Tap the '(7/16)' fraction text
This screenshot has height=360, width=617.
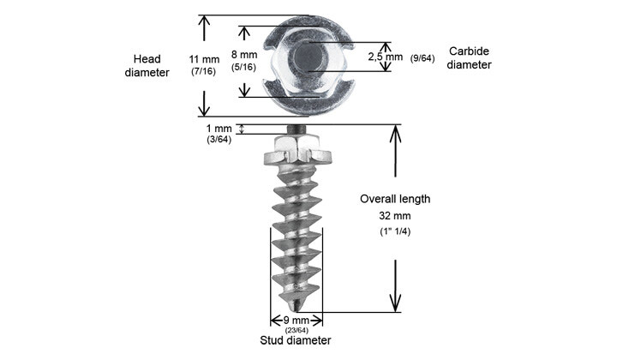204,72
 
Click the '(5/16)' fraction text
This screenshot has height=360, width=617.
245,68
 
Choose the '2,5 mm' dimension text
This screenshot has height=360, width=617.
385,57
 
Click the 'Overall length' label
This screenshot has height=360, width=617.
394,199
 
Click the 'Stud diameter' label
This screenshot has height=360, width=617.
296,341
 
